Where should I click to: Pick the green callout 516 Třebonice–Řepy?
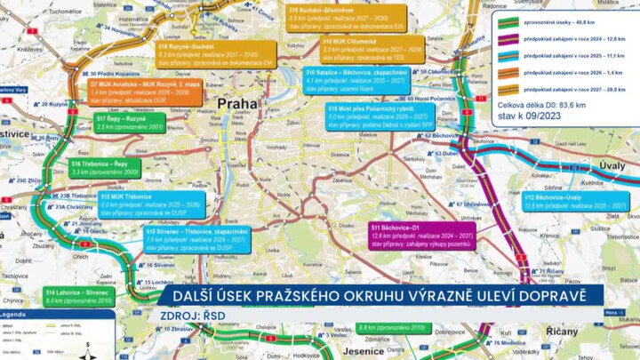pos(104,168)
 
